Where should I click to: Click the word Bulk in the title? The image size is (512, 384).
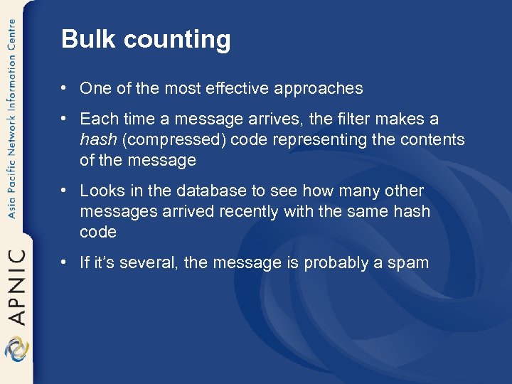click(82, 39)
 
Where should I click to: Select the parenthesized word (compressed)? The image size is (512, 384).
click(174, 140)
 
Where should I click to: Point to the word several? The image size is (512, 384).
click(150, 263)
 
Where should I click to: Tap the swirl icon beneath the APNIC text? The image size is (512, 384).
click(16, 348)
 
